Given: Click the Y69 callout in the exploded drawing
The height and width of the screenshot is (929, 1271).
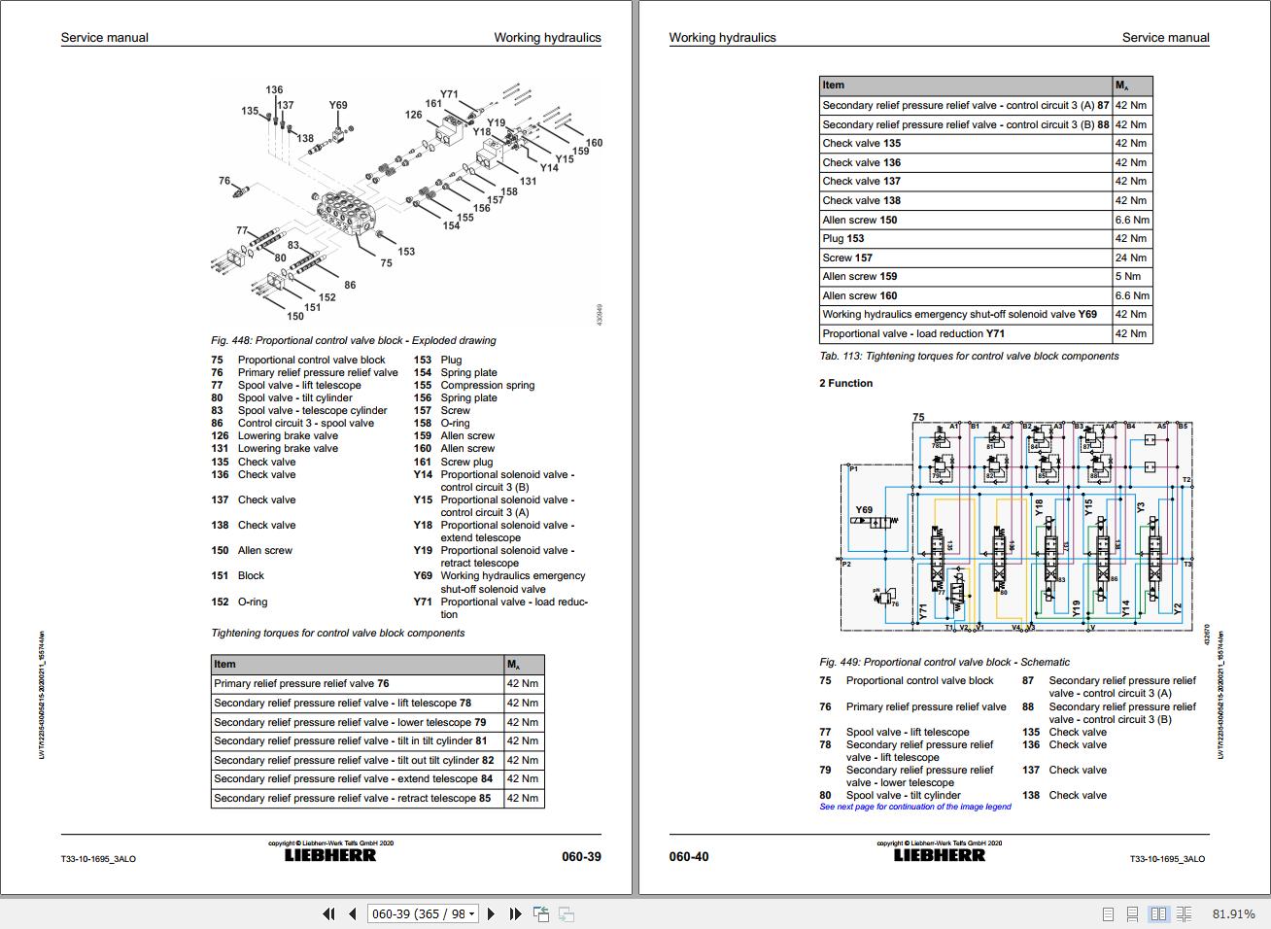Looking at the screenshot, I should click(x=337, y=106).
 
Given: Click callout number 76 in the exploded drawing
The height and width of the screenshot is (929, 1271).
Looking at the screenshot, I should click(x=224, y=181).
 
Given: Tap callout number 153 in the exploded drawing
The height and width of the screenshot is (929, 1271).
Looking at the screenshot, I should click(x=406, y=252).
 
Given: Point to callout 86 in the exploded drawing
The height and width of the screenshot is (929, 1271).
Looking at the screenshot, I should click(x=350, y=286).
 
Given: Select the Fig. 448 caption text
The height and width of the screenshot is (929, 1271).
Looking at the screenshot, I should click(x=353, y=341).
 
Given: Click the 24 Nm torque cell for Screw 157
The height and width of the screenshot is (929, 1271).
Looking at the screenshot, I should click(x=1130, y=258).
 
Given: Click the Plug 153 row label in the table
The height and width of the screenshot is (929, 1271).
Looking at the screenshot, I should click(x=843, y=239).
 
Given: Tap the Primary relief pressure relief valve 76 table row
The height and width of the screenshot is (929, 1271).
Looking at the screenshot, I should click(x=301, y=684).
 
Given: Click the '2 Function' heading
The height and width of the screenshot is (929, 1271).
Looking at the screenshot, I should click(x=845, y=384).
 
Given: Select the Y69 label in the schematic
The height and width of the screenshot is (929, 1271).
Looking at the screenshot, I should click(x=864, y=509).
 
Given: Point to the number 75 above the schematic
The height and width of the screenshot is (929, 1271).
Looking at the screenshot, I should click(x=919, y=417).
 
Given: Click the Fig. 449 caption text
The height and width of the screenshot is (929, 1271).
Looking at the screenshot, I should click(x=944, y=662).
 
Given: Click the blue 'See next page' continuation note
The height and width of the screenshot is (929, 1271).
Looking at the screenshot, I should click(x=914, y=807).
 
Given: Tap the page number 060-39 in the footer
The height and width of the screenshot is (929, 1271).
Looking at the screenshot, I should click(x=581, y=857).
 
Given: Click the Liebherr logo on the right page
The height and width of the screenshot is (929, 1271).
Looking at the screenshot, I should click(x=939, y=855).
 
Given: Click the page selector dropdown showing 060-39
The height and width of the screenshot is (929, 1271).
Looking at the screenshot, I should click(x=423, y=913).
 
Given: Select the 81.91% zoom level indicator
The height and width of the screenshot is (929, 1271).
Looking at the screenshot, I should click(x=1233, y=914).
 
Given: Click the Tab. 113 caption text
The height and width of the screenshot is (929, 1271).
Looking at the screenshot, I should click(x=968, y=357).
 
